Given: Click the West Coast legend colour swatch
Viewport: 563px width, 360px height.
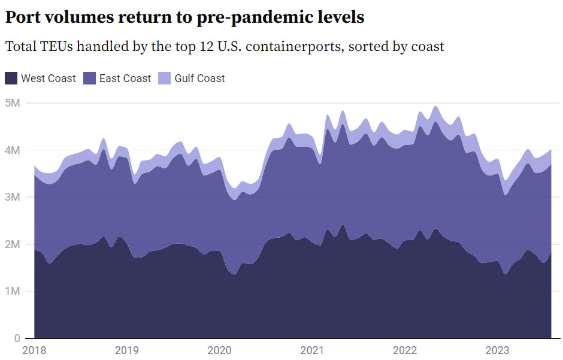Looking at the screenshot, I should (x=11, y=78).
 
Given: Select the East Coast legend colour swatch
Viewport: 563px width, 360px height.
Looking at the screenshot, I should (x=89, y=78).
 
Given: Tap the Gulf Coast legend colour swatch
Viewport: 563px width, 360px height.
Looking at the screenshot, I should (x=164, y=78).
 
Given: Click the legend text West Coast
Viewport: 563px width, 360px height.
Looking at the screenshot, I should (x=49, y=78).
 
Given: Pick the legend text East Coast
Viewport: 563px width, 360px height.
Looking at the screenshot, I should (x=125, y=78).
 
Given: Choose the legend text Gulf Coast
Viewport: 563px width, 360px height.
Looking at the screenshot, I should (x=200, y=78).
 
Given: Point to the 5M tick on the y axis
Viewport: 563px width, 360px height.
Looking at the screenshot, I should (x=13, y=102).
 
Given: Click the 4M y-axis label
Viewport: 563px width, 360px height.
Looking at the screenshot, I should (x=13, y=150).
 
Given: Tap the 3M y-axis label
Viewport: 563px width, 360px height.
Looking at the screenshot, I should (x=13, y=197).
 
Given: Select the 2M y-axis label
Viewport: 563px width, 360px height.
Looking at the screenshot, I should (x=13, y=244).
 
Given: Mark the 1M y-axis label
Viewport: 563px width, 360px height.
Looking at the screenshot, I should (x=13, y=291).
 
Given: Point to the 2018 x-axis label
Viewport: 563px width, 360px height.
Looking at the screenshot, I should (x=34, y=350).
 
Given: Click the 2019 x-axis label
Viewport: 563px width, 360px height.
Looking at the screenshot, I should (x=126, y=350).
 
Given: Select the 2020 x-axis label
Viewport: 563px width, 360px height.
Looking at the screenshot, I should (x=219, y=350).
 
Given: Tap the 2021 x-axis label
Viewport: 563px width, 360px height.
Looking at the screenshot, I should (x=311, y=350).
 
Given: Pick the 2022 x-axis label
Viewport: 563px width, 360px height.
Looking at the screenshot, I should (x=404, y=350).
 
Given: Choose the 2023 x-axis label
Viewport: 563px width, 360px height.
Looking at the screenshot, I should (x=497, y=350).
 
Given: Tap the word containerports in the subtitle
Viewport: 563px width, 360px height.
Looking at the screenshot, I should (x=290, y=46).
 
